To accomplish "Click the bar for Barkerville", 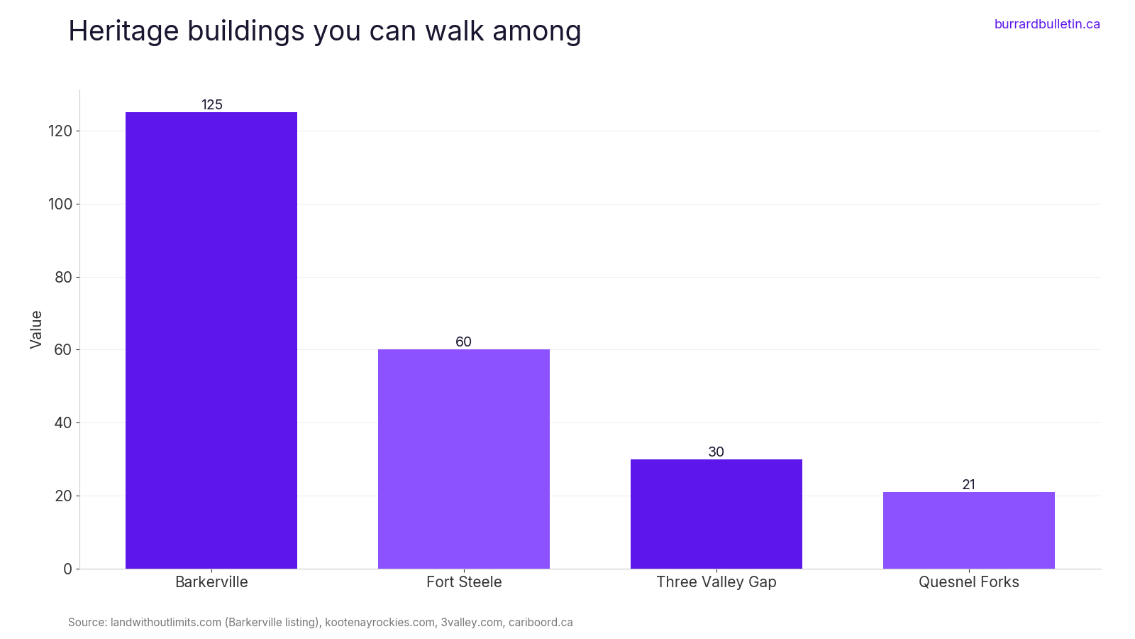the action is pos(211,340).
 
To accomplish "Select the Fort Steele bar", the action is pos(464,459).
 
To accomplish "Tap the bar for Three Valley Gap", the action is pos(716,514).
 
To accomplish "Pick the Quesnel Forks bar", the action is pos(969,530).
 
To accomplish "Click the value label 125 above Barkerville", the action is pos(212,104).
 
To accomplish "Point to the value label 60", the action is pos(464,342).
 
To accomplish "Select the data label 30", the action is pos(716,452).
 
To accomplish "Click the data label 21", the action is pos(969,485).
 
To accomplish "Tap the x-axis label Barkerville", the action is pos(211,581).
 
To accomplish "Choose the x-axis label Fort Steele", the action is pos(464,581).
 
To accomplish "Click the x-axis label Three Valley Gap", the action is pos(716,582).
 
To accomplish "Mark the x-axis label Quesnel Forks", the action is pos(969,581).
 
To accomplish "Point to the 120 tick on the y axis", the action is pos(60,131).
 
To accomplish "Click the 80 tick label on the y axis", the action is pos(63,278).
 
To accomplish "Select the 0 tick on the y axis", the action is pos(68,569).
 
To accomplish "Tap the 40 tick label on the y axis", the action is pos(63,423).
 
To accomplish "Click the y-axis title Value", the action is pos(35,329).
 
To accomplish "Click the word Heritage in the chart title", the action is pos(123,31).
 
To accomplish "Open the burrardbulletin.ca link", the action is pos(1047,24).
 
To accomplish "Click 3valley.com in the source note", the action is pos(471,622).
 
